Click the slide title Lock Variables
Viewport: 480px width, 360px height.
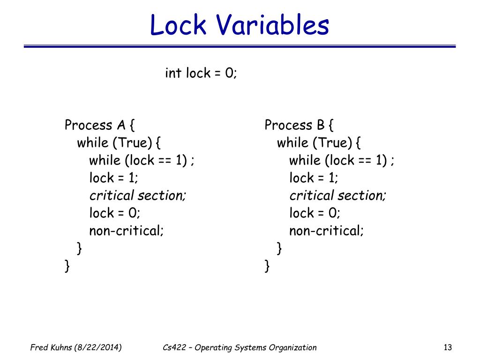click(240, 25)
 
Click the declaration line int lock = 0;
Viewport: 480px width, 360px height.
click(201, 74)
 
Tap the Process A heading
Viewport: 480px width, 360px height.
click(100, 126)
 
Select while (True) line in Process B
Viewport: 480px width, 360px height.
click(320, 143)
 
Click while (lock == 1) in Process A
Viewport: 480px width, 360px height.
click(142, 161)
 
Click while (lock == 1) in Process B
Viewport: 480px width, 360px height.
click(342, 161)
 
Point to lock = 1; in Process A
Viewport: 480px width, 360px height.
click(114, 178)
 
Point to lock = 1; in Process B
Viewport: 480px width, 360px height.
click(314, 178)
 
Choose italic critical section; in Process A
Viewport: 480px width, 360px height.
click(138, 195)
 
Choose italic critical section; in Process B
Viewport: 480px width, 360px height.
click(337, 195)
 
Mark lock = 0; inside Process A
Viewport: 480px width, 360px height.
click(115, 213)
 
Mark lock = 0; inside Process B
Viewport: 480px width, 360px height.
click(315, 213)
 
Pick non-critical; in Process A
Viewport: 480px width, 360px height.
click(127, 231)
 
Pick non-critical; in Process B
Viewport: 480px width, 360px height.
click(326, 231)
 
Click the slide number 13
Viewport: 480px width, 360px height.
click(447, 347)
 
